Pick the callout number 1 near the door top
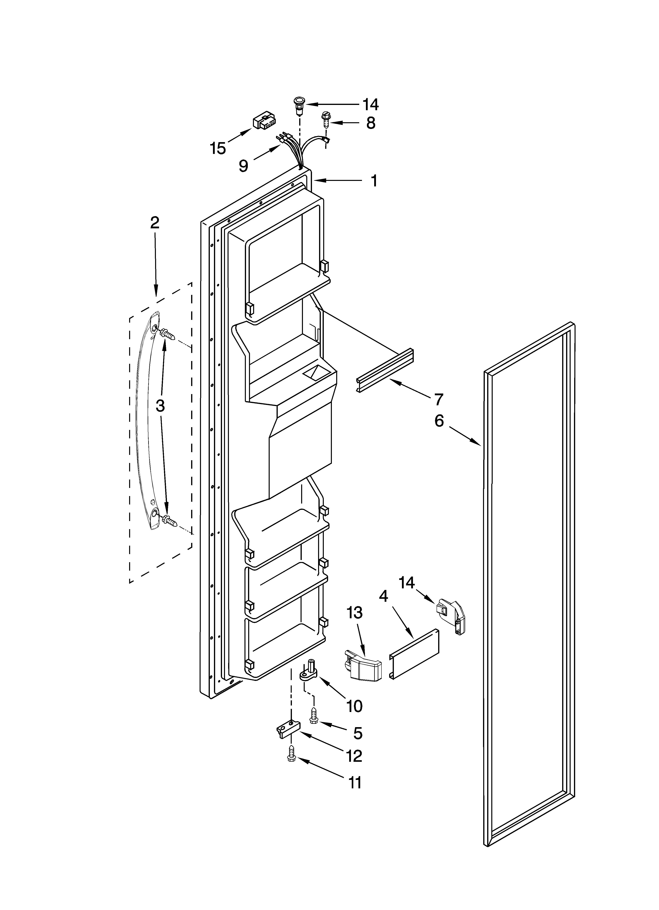pos(374,181)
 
